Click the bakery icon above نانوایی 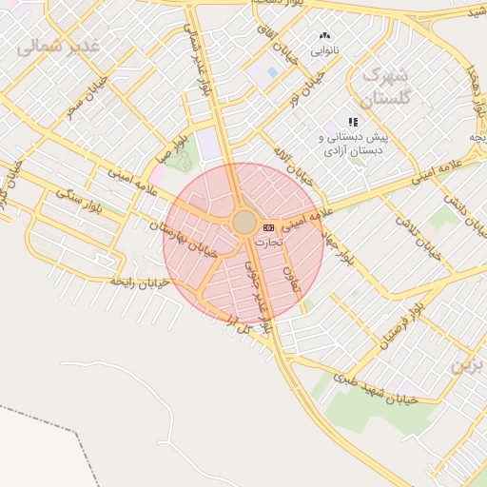click(x=326, y=36)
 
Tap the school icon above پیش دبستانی click(x=354, y=122)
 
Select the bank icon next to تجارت click(x=269, y=227)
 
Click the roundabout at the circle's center click(x=244, y=223)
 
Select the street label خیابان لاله click(x=290, y=166)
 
